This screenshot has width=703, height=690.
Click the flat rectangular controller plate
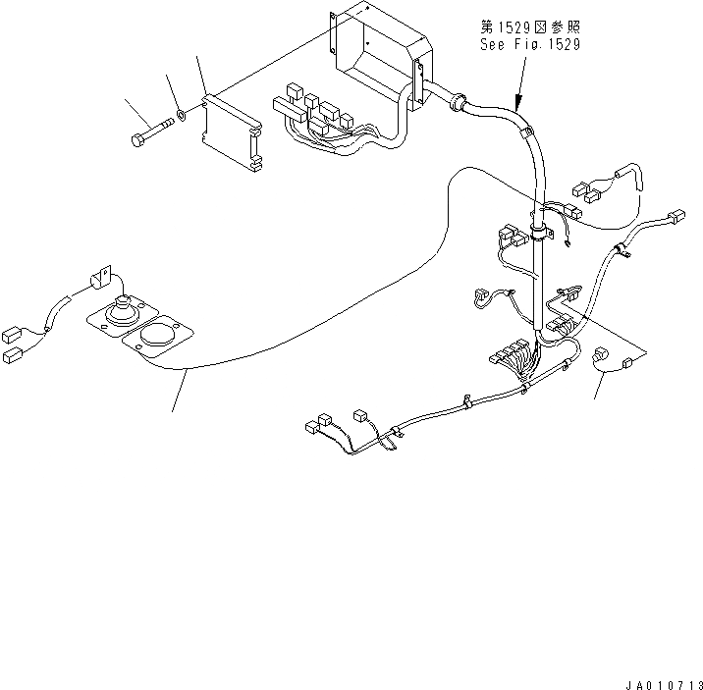(232, 132)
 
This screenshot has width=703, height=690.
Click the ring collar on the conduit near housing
(456, 98)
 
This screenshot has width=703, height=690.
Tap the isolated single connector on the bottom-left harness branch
(358, 415)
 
